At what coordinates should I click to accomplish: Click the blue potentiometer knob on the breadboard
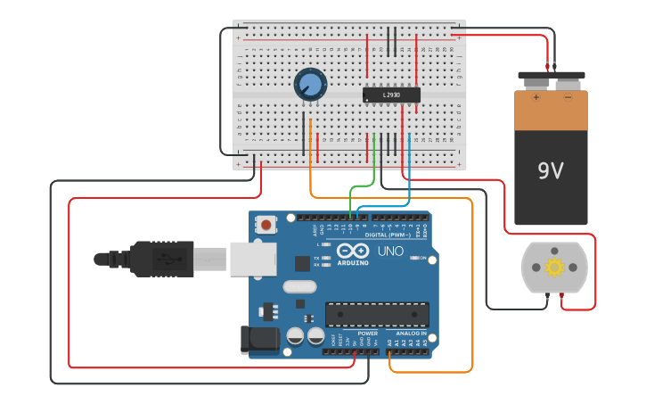click(x=310, y=85)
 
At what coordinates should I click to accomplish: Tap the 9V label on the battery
click(x=550, y=170)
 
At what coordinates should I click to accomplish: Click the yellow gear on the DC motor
click(x=554, y=267)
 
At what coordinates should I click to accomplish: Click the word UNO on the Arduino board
click(x=390, y=251)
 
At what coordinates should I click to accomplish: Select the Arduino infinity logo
click(x=354, y=251)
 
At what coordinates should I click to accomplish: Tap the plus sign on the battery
click(x=536, y=96)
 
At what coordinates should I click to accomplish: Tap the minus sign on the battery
click(x=568, y=96)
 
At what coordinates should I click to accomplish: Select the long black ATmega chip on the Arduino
click(x=377, y=314)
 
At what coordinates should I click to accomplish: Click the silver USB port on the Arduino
click(x=253, y=258)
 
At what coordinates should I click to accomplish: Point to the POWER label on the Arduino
click(x=367, y=333)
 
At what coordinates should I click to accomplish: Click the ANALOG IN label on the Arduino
click(x=412, y=333)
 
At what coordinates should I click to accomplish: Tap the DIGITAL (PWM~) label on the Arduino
click(x=393, y=235)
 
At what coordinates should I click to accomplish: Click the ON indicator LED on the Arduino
click(x=413, y=258)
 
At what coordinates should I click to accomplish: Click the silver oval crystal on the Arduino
click(x=299, y=287)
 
